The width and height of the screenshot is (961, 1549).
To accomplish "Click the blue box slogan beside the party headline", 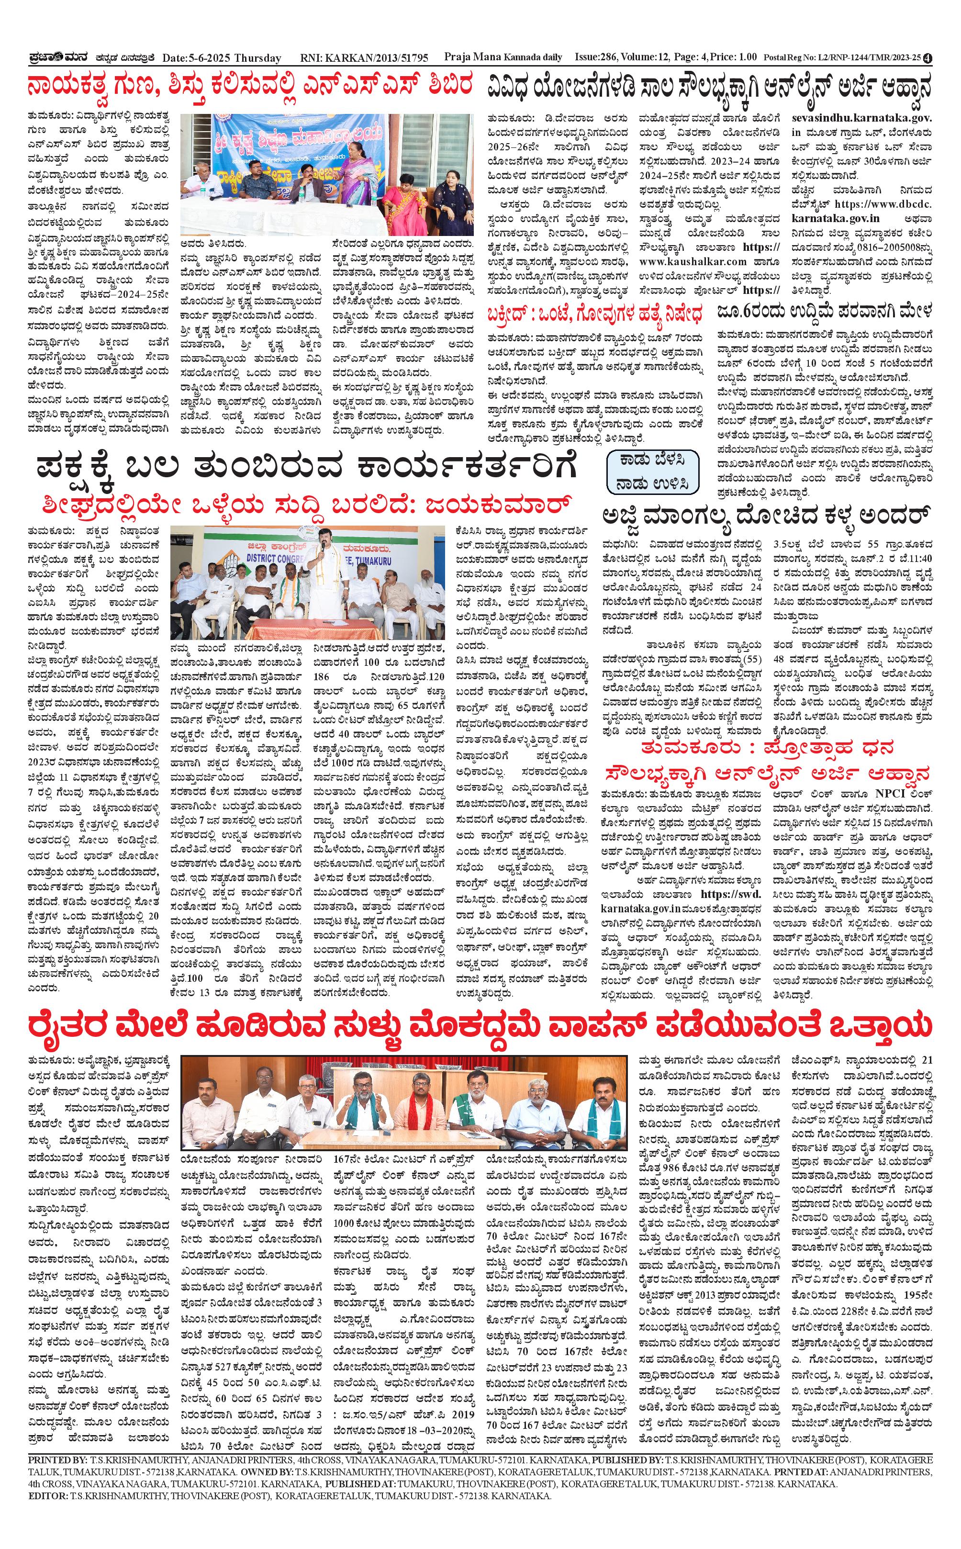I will point(653,471).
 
